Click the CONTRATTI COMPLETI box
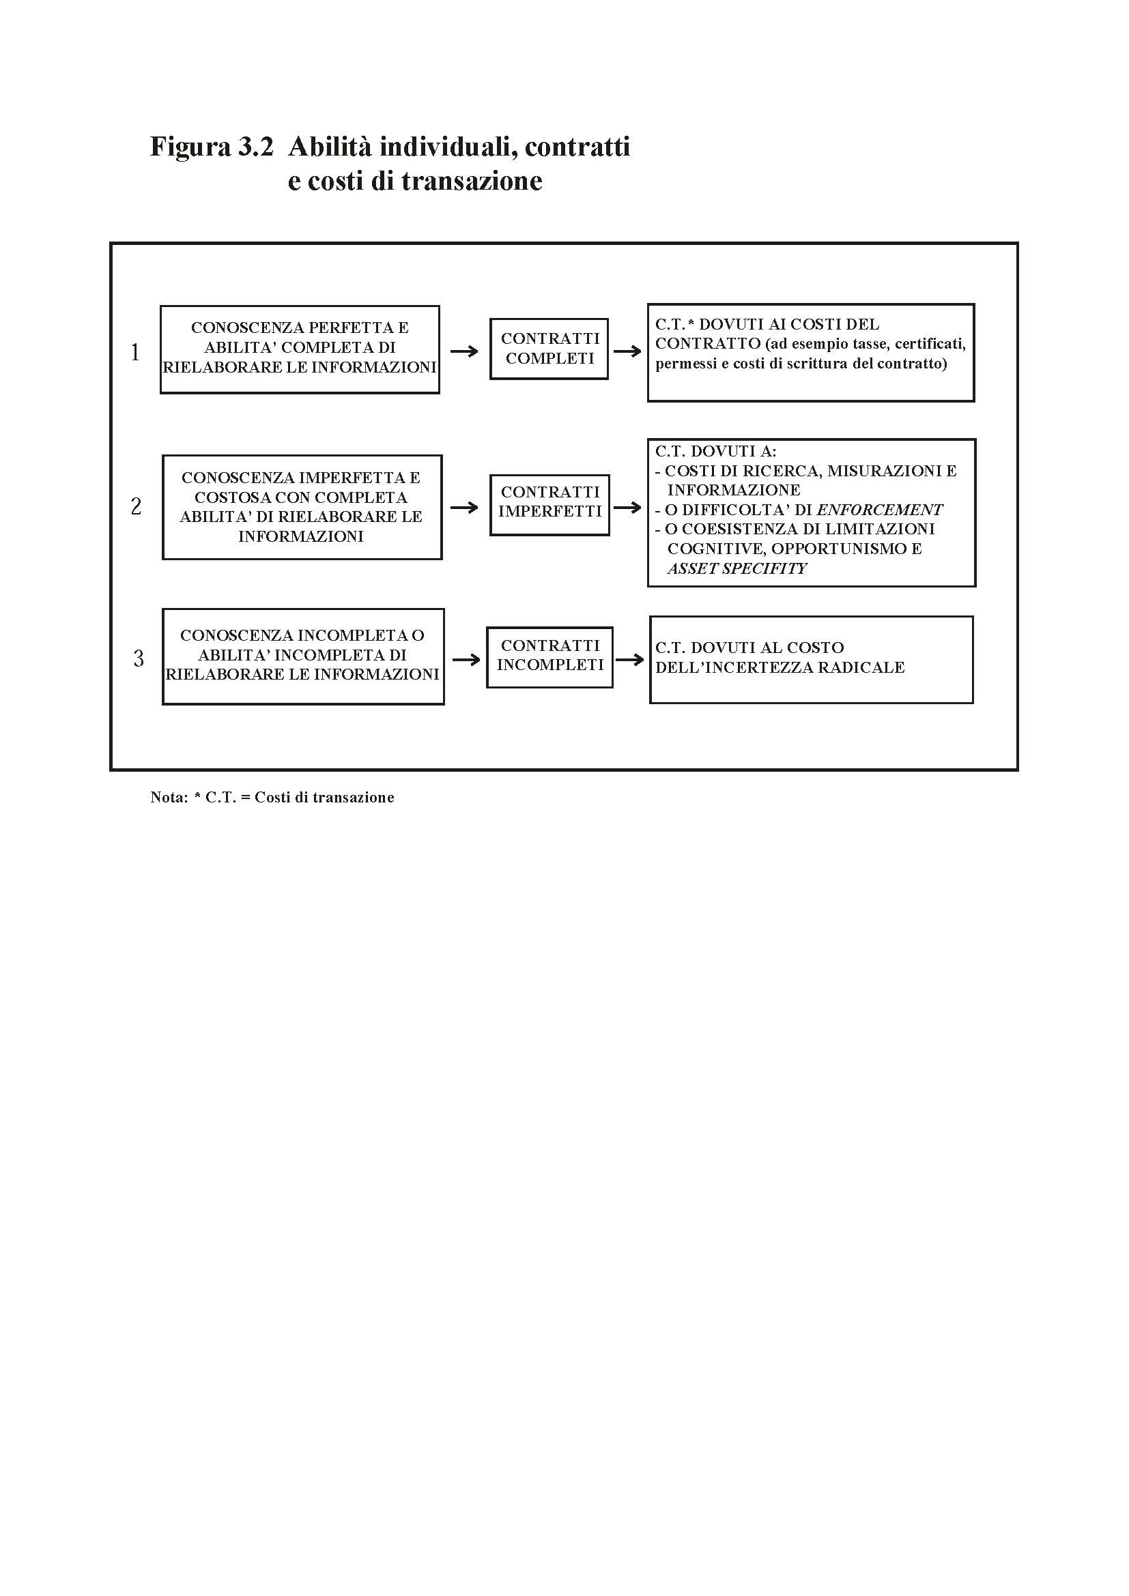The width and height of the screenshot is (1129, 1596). (x=549, y=349)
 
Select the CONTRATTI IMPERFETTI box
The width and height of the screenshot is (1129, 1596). (x=549, y=505)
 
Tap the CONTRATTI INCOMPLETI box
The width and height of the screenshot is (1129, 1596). (x=549, y=657)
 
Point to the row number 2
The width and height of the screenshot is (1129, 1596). (x=136, y=506)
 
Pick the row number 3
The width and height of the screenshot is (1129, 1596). (x=139, y=658)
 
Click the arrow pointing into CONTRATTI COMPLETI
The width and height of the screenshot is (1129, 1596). (x=464, y=351)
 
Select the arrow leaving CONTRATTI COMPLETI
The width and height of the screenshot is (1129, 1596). (x=627, y=351)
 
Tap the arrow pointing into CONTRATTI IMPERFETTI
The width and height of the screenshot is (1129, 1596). (x=464, y=507)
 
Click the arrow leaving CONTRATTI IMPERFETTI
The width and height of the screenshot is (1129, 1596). (x=627, y=507)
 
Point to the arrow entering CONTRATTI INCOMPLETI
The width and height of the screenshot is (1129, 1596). (x=466, y=659)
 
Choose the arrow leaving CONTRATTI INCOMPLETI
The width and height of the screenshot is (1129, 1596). (x=630, y=659)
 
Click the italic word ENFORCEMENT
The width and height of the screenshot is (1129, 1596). (x=879, y=510)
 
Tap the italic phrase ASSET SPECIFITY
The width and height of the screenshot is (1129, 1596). (x=737, y=568)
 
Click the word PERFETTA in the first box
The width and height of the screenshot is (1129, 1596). (x=343, y=328)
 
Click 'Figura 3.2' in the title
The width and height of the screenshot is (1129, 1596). (x=212, y=147)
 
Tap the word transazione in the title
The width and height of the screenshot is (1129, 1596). (x=472, y=181)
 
